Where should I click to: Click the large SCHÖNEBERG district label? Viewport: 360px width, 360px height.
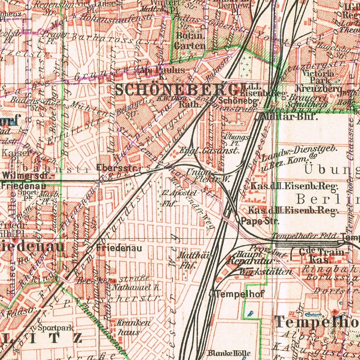[x=176, y=90]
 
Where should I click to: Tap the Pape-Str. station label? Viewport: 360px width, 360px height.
[x=259, y=221]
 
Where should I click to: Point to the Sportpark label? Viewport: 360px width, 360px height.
[x=55, y=328]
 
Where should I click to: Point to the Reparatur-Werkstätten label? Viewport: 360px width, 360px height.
[x=259, y=265]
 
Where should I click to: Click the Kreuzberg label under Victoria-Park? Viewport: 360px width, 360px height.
[x=318, y=89]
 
